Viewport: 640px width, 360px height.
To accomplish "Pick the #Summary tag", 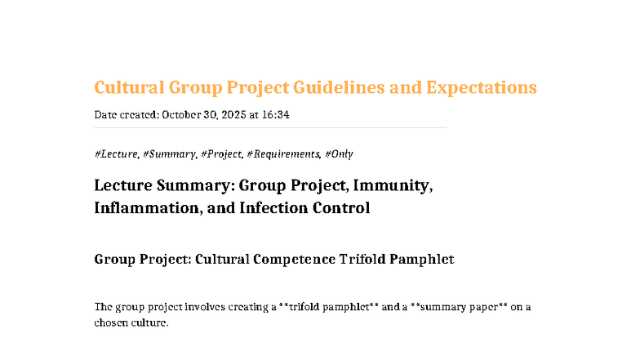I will coord(169,153).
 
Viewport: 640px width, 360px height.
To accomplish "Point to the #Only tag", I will coord(339,153).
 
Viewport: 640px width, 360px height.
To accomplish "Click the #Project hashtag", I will coord(221,153).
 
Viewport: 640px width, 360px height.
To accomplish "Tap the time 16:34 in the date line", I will coord(275,115).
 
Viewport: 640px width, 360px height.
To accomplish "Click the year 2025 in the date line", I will coord(232,115).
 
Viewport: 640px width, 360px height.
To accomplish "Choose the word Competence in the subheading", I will coord(295,260).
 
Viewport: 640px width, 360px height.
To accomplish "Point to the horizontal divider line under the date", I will coord(270,128).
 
